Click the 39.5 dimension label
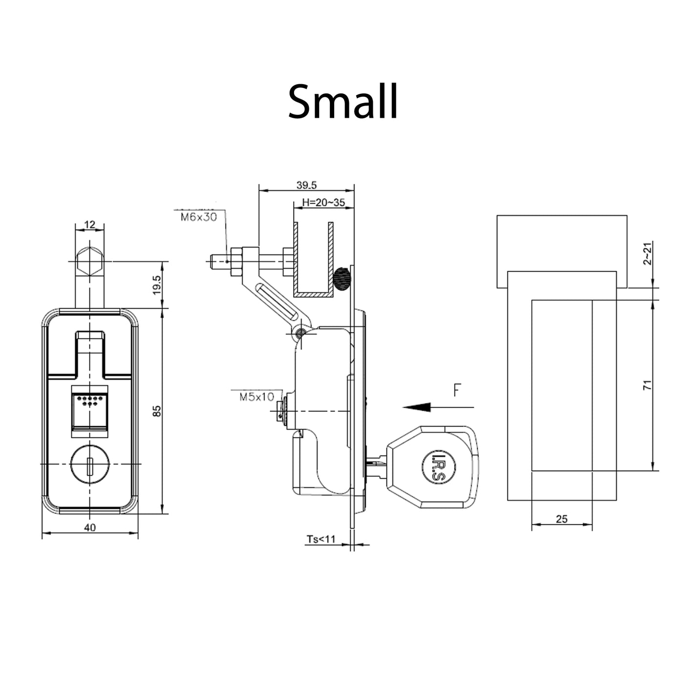(306, 185)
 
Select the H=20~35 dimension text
(323, 202)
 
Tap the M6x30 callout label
(198, 217)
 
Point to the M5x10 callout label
(257, 397)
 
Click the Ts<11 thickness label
(321, 539)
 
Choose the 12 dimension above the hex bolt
(90, 225)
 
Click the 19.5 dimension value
(157, 284)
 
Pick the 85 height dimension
(157, 411)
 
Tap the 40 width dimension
(90, 527)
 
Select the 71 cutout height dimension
(647, 385)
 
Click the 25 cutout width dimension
(561, 519)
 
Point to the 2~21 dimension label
(647, 254)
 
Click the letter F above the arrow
(457, 390)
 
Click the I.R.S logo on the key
(437, 466)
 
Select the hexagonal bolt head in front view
(89, 261)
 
